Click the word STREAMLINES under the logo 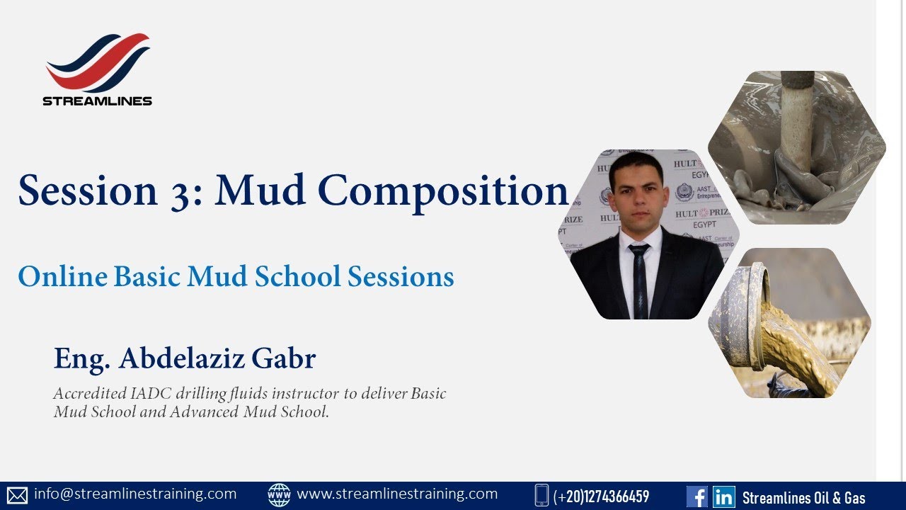click(98, 101)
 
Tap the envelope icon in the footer click(17, 495)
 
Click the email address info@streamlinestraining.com click(134, 494)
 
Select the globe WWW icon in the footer click(279, 495)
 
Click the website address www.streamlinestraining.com click(397, 494)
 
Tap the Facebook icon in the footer click(696, 497)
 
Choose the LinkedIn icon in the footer click(723, 497)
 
